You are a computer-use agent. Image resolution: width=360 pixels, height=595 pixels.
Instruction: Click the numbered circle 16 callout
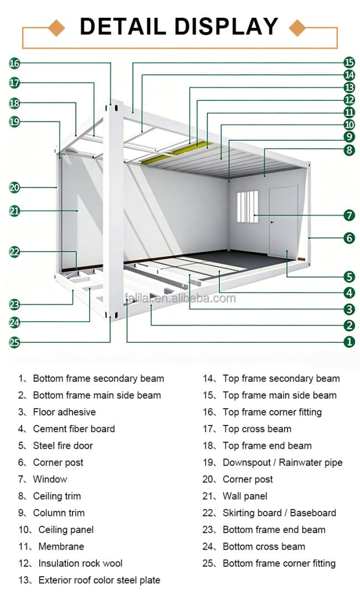pos(14,63)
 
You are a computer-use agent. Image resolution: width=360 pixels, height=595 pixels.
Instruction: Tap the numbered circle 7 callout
pos(349,216)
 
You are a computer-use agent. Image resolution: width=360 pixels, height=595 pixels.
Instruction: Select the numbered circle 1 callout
pos(349,342)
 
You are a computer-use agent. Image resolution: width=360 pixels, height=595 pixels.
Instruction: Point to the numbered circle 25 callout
pos(14,342)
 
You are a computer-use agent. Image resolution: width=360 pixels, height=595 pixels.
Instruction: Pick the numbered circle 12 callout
pos(349,100)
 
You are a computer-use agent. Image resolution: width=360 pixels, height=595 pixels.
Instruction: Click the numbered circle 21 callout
pos(14,211)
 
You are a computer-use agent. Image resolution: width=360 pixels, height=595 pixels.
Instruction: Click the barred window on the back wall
pos(248,207)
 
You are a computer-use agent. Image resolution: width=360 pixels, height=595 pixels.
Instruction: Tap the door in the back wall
pos(283,222)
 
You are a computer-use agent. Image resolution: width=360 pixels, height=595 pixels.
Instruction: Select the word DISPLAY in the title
pos(226,27)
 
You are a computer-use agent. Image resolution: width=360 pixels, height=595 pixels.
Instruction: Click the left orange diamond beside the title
pos(56,28)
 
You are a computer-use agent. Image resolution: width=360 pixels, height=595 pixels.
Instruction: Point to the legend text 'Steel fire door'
pos(63,445)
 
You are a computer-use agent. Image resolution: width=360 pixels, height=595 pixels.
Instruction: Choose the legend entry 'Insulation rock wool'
pos(80,563)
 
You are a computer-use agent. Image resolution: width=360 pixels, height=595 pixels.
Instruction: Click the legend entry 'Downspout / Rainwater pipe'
pos(282,463)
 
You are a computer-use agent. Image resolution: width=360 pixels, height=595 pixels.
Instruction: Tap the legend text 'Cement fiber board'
pos(74,429)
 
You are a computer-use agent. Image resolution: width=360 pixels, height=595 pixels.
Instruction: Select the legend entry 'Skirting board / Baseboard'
pos(279,513)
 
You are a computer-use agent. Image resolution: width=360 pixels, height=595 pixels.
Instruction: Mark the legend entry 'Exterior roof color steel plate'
pos(99,580)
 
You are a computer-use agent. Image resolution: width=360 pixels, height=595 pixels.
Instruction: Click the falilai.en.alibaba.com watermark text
pos(180,299)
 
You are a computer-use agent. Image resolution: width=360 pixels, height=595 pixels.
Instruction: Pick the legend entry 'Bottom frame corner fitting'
pos(279,563)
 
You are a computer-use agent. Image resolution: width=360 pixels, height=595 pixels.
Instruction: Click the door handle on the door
pos(272,222)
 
